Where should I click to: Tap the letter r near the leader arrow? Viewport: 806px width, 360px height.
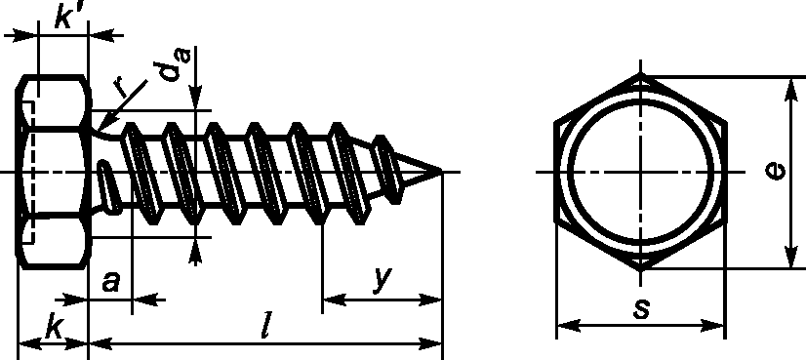tap(122, 89)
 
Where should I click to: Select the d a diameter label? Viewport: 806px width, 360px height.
tap(175, 63)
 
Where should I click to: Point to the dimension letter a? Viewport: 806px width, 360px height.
tap(111, 281)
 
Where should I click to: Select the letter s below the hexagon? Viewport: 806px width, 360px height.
tap(641, 308)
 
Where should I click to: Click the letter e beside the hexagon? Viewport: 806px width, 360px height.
tap(775, 171)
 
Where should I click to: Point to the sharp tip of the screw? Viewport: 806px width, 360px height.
tap(441, 172)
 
